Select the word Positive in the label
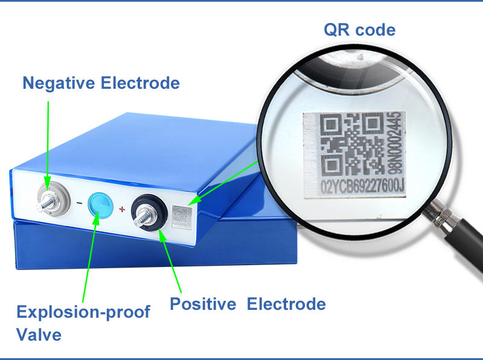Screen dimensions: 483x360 pyautogui.click(x=202, y=304)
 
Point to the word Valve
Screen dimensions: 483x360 pyautogui.click(x=39, y=334)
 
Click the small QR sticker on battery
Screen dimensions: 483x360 pyautogui.click(x=181, y=216)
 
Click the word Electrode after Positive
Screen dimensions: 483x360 pyautogui.click(x=286, y=304)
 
